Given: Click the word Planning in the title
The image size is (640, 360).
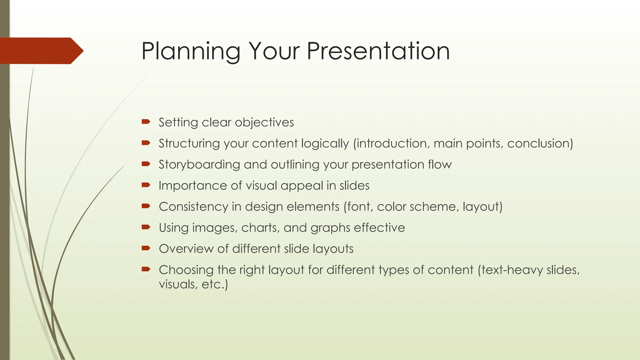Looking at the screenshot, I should pyautogui.click(x=191, y=52).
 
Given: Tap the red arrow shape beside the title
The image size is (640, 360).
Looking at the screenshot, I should pyautogui.click(x=41, y=51).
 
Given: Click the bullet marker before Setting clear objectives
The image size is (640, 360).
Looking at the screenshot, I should pyautogui.click(x=146, y=122).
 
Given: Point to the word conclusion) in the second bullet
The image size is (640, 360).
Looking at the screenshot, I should pyautogui.click(x=540, y=143).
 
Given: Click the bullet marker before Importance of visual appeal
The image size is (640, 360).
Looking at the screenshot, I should pyautogui.click(x=146, y=185).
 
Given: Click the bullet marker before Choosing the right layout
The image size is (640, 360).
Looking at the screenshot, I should pyautogui.click(x=146, y=269).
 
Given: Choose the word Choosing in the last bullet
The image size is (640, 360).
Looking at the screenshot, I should pyautogui.click(x=186, y=270).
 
